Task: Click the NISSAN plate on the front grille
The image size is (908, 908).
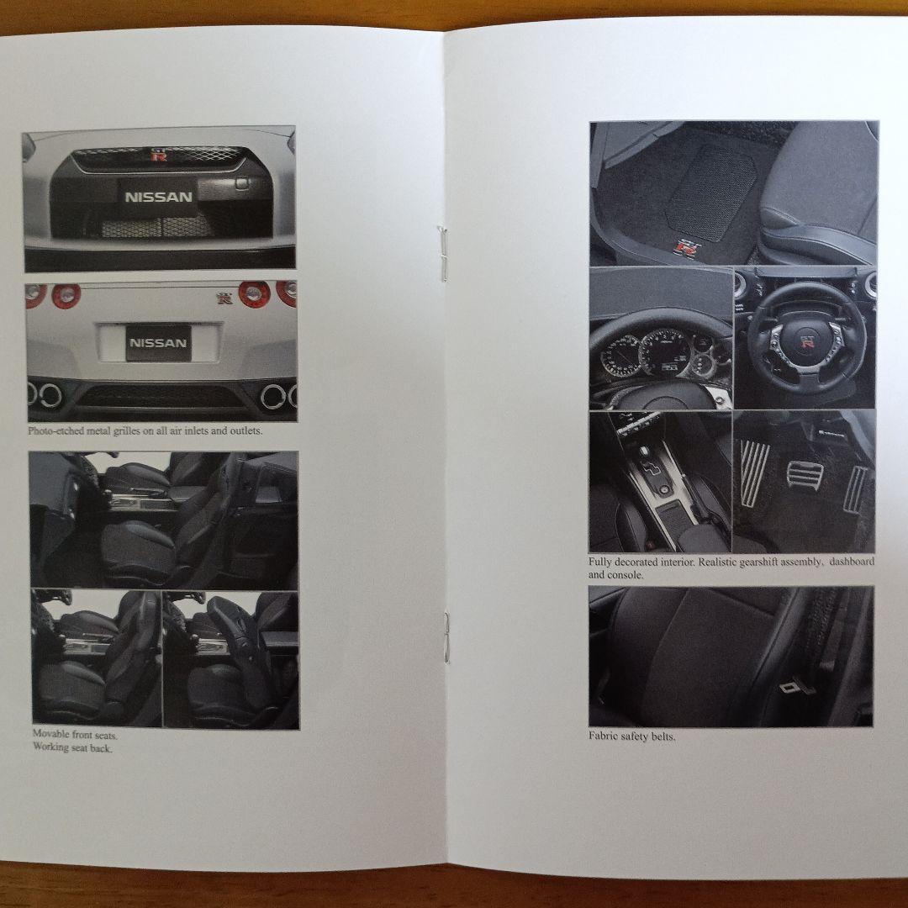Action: click(x=158, y=197)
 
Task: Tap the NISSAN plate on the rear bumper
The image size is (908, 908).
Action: click(x=158, y=342)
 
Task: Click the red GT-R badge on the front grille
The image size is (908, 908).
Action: click(x=159, y=156)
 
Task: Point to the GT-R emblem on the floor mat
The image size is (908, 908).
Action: click(x=688, y=247)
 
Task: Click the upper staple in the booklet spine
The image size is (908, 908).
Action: click(x=442, y=254)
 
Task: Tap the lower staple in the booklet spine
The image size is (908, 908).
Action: click(x=446, y=637)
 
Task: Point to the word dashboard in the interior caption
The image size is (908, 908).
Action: click(x=852, y=561)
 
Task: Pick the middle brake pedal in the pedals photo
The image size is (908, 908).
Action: click(x=805, y=475)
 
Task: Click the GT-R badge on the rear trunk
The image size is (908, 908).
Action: click(x=224, y=298)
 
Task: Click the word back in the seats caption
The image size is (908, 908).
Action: click(x=102, y=747)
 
